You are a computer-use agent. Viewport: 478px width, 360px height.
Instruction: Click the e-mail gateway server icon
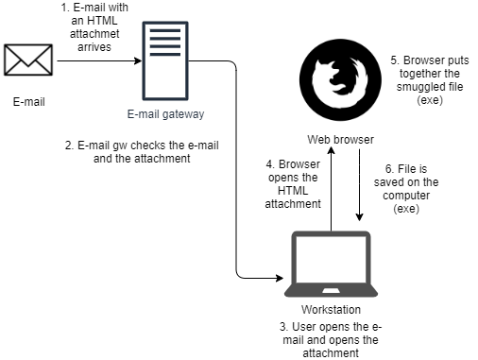(162, 60)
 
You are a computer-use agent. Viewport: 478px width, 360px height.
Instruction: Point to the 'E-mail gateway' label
(164, 115)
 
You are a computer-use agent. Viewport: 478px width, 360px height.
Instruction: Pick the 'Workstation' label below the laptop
(330, 310)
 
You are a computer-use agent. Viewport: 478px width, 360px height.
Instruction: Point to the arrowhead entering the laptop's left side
(280, 279)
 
